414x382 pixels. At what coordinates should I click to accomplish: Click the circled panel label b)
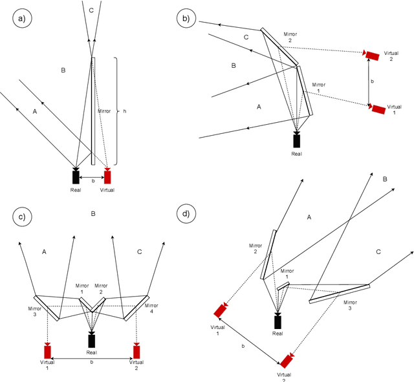click(x=187, y=19)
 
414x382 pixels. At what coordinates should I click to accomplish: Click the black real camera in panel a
click(x=76, y=176)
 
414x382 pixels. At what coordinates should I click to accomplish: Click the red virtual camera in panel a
click(x=107, y=176)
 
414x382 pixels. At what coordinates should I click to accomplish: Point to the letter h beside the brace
click(x=124, y=111)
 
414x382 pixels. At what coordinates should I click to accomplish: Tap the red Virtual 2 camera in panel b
click(x=371, y=55)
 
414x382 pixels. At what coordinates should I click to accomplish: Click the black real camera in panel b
click(x=297, y=140)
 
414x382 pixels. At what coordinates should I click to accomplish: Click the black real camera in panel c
click(x=92, y=340)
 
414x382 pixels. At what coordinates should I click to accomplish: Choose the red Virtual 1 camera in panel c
click(x=47, y=351)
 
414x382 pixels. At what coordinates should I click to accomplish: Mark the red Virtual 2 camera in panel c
click(x=136, y=351)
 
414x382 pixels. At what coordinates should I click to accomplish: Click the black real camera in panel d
click(x=278, y=321)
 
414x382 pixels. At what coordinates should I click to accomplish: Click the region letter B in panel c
click(x=93, y=213)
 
